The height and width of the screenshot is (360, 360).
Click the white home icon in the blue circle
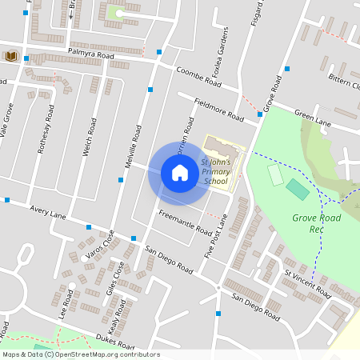point(180,173)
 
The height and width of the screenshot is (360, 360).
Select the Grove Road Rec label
point(316,223)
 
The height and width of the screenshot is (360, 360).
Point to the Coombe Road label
point(198,76)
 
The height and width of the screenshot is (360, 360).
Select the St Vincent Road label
point(307,284)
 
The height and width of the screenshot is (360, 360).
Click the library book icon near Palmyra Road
point(11,56)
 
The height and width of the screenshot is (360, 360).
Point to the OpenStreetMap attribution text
point(81,354)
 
